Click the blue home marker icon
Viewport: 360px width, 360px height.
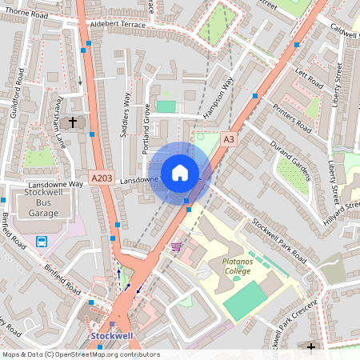[x=180, y=173]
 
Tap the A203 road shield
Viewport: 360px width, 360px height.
[x=102, y=177]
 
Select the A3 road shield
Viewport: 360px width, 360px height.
[x=230, y=139]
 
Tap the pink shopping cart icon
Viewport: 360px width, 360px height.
[x=176, y=246]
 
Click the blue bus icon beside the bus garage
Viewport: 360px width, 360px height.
[x=42, y=241]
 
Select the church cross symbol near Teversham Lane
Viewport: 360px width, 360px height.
[x=74, y=122]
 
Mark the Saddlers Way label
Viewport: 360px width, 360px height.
[x=126, y=116]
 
